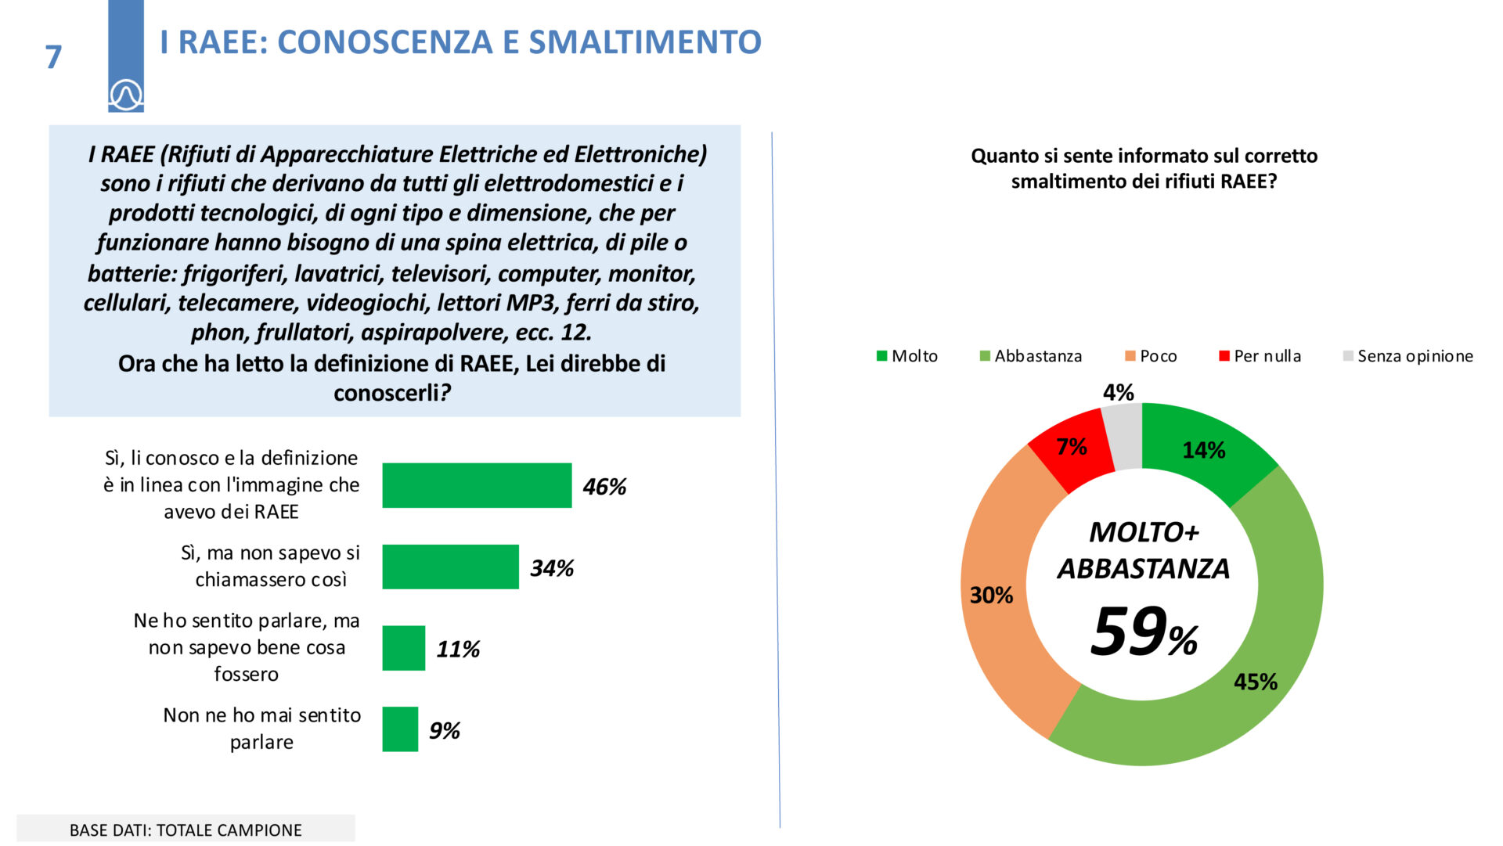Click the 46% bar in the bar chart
pos(477,485)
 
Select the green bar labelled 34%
pos(450,567)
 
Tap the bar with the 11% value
pos(403,648)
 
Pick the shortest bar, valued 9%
pos(400,729)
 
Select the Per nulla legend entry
pos(1260,356)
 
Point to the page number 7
pos(53,57)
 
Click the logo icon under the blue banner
pos(126,95)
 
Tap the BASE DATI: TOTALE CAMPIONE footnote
pos(186,830)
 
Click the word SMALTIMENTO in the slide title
pos(645,42)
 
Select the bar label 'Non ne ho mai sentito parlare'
pos(261,728)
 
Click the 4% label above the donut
pos(1118,392)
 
